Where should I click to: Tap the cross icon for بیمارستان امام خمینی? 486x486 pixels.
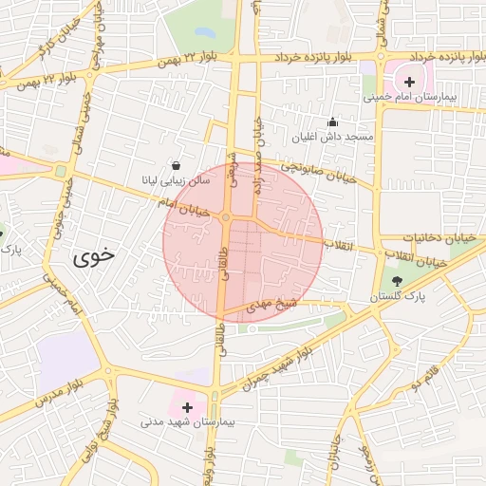coord(409,82)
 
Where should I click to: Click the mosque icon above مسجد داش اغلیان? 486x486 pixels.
coord(332,121)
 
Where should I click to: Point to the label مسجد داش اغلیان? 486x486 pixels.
coord(334,137)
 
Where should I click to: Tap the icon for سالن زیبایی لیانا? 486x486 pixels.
coord(175,164)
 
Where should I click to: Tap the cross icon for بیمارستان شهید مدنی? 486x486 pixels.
coord(186,407)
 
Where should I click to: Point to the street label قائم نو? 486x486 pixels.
coord(425,377)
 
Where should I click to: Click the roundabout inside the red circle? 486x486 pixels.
coord(226,218)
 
